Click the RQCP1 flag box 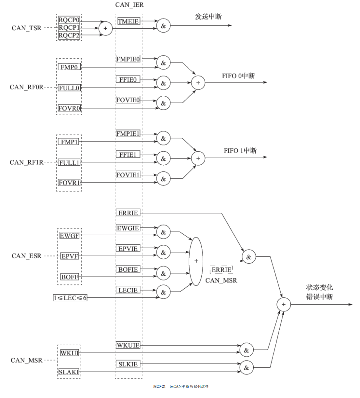point(69,27)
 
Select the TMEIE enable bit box point(128,21)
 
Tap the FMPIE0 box point(128,59)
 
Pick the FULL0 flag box point(69,88)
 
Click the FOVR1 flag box point(69,183)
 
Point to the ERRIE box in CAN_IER point(128,213)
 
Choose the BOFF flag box point(70,277)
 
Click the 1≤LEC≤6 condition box point(70,298)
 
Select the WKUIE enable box point(128,345)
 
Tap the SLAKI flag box point(69,372)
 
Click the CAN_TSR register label point(27,28)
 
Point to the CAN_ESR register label point(27,256)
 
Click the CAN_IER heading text point(129,5)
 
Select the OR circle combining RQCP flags point(105,28)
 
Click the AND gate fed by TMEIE point(163,26)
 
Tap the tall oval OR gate point(196,261)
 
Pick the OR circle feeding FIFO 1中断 point(198,158)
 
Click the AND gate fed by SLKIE point(247,368)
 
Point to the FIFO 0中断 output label point(238,76)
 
